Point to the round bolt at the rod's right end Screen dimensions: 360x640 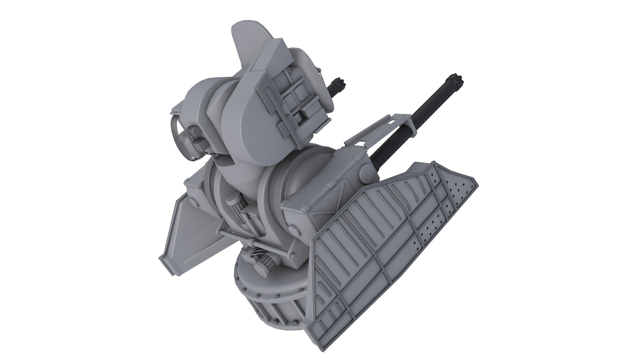293,230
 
